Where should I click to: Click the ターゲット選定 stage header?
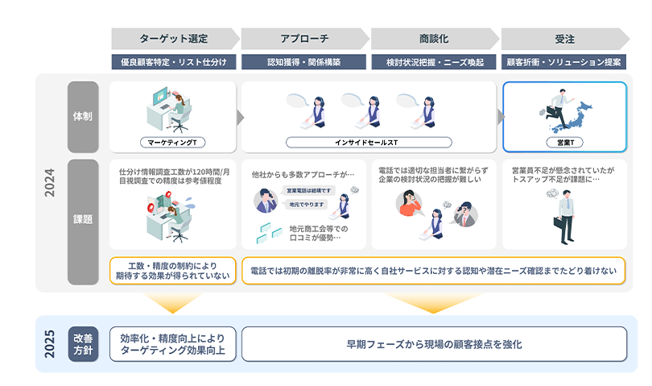pyautogui.click(x=174, y=38)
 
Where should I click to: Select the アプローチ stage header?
pyautogui.click(x=303, y=38)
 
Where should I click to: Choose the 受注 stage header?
pyautogui.click(x=563, y=38)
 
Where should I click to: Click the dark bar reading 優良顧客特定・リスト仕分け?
pyautogui.click(x=174, y=62)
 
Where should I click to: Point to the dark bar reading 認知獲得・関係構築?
pyautogui.click(x=303, y=62)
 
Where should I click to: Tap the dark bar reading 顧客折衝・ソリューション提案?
pyautogui.click(x=563, y=62)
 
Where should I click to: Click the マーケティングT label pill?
pyautogui.click(x=172, y=142)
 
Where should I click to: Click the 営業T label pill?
pyautogui.click(x=563, y=142)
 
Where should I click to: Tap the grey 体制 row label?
pyautogui.click(x=82, y=117)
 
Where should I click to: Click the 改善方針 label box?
pyautogui.click(x=83, y=343)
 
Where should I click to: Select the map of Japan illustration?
pyautogui.click(x=584, y=112)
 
